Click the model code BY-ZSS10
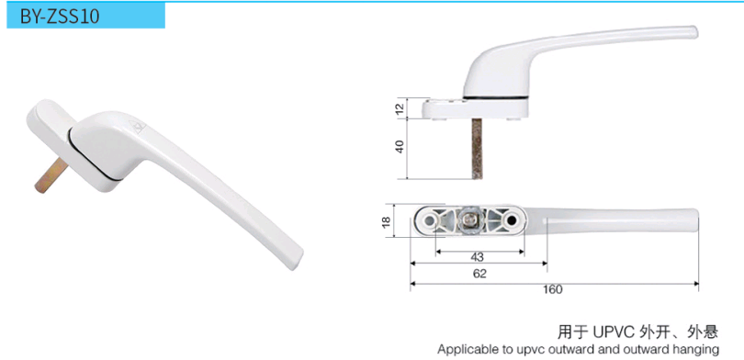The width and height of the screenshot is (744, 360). click(60, 17)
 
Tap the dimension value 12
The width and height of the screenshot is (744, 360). click(400, 108)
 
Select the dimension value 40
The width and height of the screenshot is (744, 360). click(400, 146)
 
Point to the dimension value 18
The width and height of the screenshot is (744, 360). click(386, 220)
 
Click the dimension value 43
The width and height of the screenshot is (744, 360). click(478, 257)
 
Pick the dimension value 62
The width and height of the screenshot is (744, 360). click(480, 274)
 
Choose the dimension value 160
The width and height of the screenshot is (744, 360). click(553, 289)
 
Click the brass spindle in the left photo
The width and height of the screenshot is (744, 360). click(51, 175)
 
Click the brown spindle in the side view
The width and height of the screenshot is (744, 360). click(477, 149)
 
